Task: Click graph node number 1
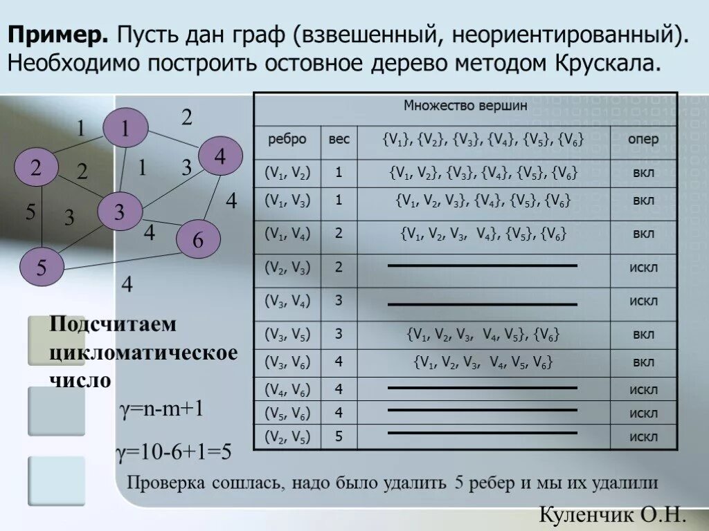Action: coord(125,128)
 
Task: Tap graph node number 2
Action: coord(36,167)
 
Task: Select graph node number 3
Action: coord(119,212)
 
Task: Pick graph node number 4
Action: coord(220,156)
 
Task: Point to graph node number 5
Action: coord(41,268)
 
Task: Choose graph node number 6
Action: coord(198,240)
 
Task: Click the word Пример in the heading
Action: coord(57,34)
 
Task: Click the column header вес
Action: coord(339,139)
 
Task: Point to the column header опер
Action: coord(643,139)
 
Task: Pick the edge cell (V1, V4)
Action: coord(287,233)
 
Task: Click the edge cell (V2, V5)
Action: coord(287,436)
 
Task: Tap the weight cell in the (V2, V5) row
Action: coord(339,436)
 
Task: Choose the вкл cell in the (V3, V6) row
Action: coord(643,362)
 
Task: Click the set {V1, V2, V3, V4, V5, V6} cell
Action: coord(483,362)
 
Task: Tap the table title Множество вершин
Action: coord(465,106)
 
